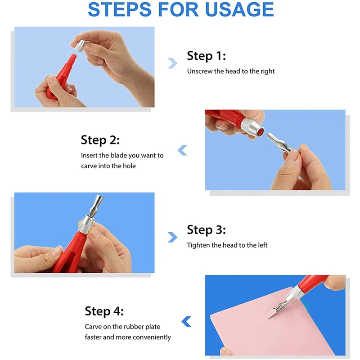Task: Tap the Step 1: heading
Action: [206, 56]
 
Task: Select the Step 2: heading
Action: [100, 140]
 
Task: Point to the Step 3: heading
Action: [206, 230]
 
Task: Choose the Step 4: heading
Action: [104, 311]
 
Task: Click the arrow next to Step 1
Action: [172, 63]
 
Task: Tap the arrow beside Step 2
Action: [182, 150]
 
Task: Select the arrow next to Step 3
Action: [172, 237]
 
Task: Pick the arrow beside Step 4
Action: [186, 321]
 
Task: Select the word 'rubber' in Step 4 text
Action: [127, 327]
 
